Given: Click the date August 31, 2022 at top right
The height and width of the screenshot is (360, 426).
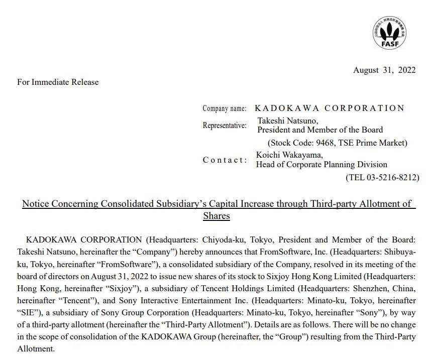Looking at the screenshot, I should tap(384, 70).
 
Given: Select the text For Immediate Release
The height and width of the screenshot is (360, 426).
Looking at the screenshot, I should tap(58, 82).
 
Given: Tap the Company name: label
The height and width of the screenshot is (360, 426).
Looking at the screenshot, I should tap(225, 108).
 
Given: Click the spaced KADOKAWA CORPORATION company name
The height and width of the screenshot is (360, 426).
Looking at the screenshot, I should tap(330, 108).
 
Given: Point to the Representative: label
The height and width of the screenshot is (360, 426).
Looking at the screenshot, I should tap(225, 126).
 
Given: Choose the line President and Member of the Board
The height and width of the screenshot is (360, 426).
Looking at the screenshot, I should tap(320, 130).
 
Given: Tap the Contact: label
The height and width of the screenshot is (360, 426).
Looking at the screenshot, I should tap(225, 160).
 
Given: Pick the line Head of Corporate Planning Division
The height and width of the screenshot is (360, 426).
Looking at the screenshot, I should tap(322, 164).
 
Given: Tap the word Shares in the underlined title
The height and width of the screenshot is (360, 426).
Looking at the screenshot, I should tap(217, 216).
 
